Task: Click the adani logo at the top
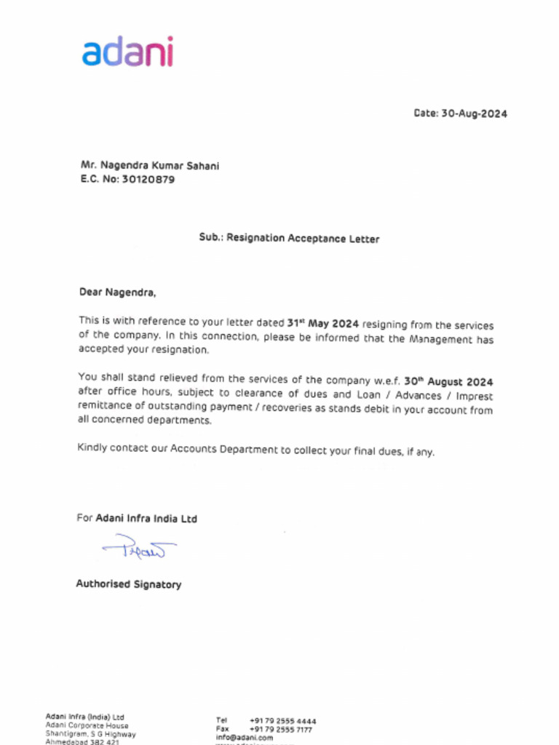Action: click(127, 52)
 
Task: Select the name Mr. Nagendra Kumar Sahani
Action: click(150, 166)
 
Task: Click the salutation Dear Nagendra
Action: click(117, 292)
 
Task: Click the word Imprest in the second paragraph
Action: click(475, 397)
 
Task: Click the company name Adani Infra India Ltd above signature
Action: click(146, 519)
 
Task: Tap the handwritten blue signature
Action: click(139, 546)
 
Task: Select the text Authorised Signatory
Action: click(129, 584)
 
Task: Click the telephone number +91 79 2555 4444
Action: click(282, 721)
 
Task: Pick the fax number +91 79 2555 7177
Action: click(281, 729)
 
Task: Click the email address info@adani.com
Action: click(245, 737)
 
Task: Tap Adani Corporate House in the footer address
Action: click(87, 725)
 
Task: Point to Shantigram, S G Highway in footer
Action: click(90, 734)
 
